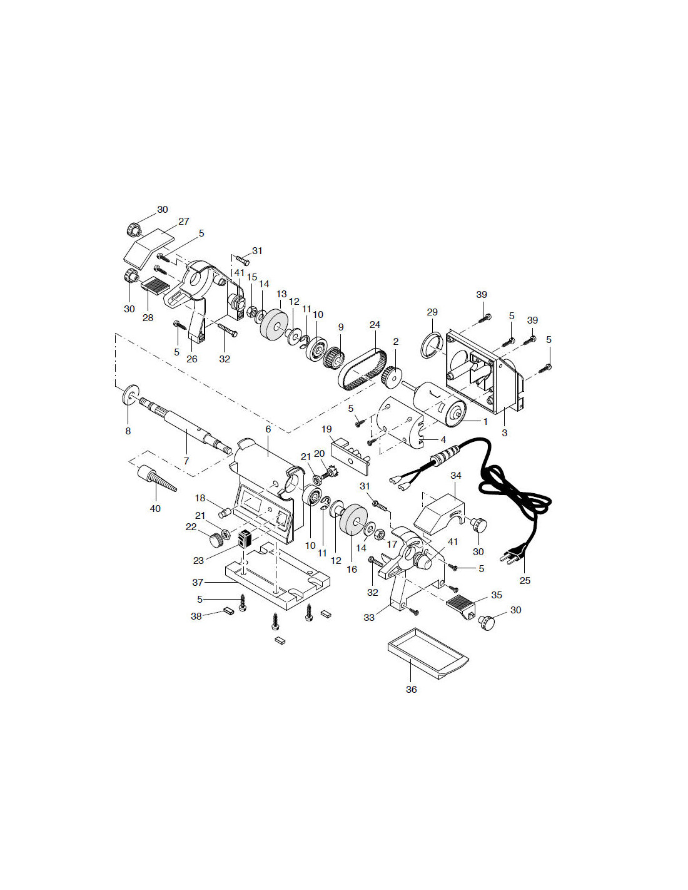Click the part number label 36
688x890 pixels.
coord(411,689)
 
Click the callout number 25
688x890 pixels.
coord(525,580)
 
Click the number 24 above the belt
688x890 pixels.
coord(375,325)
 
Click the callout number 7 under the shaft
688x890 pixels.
coord(186,461)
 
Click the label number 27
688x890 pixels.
coord(183,222)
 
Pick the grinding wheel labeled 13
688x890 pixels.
coord(275,325)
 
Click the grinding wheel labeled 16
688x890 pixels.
coord(354,519)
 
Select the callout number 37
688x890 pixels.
coord(198,582)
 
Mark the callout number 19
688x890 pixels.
coord(326,429)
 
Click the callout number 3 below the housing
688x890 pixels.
coord(505,432)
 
